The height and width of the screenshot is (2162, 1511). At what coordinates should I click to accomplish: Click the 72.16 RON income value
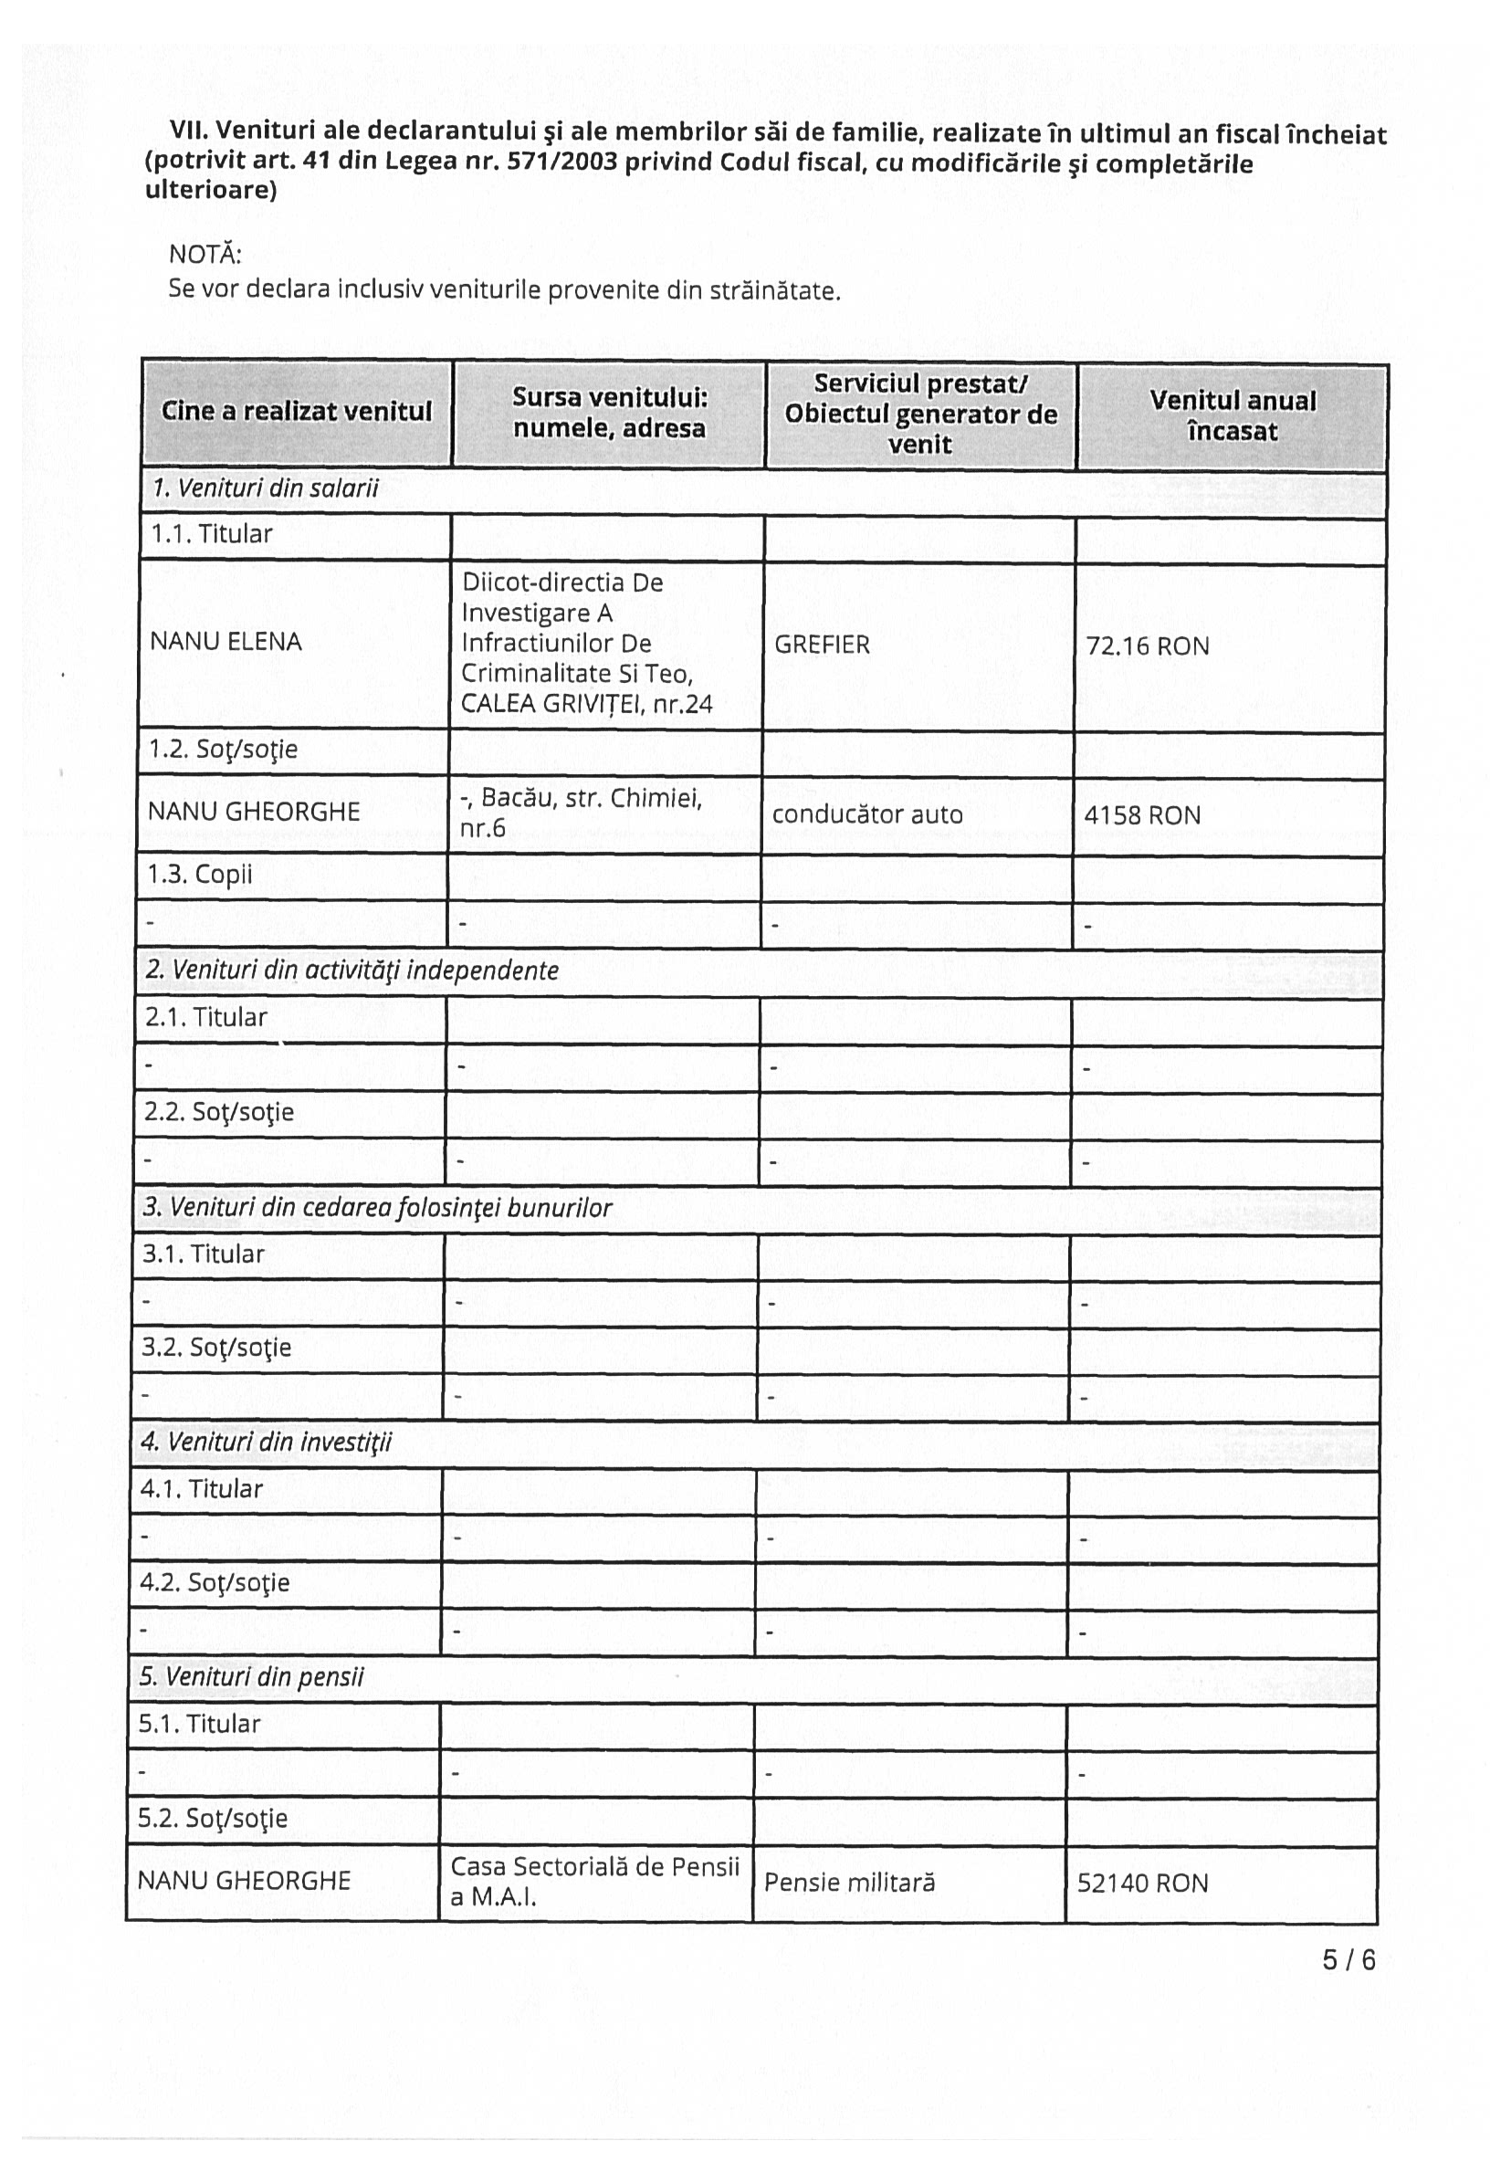coord(1147,646)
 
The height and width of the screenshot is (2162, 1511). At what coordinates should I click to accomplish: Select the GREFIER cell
coord(822,645)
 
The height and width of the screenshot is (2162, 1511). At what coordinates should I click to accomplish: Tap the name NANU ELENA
coord(226,642)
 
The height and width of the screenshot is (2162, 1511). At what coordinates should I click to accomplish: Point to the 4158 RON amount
coord(1142,815)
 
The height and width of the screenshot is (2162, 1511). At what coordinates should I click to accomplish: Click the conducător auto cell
coord(867,814)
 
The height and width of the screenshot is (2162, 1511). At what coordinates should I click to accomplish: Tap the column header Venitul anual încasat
coord(1233,416)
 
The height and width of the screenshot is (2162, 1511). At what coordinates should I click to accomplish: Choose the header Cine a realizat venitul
coord(297,412)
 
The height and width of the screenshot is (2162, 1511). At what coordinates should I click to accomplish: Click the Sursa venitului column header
coord(609,413)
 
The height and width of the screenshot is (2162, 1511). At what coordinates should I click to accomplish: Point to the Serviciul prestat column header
coord(920,415)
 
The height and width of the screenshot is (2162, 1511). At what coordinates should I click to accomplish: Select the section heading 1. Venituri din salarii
coord(266,488)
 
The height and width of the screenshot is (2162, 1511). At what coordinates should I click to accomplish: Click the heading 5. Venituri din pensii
coord(251,1677)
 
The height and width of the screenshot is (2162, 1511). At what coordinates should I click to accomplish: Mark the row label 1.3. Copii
coord(200,875)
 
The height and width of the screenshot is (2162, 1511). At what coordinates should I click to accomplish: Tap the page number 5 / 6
coord(1348,1960)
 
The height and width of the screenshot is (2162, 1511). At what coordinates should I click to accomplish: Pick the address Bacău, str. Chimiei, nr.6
coord(581,813)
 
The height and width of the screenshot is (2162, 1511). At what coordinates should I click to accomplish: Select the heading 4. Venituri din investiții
coord(266,1443)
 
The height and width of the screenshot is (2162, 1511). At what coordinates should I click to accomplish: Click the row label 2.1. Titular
coord(205,1018)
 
